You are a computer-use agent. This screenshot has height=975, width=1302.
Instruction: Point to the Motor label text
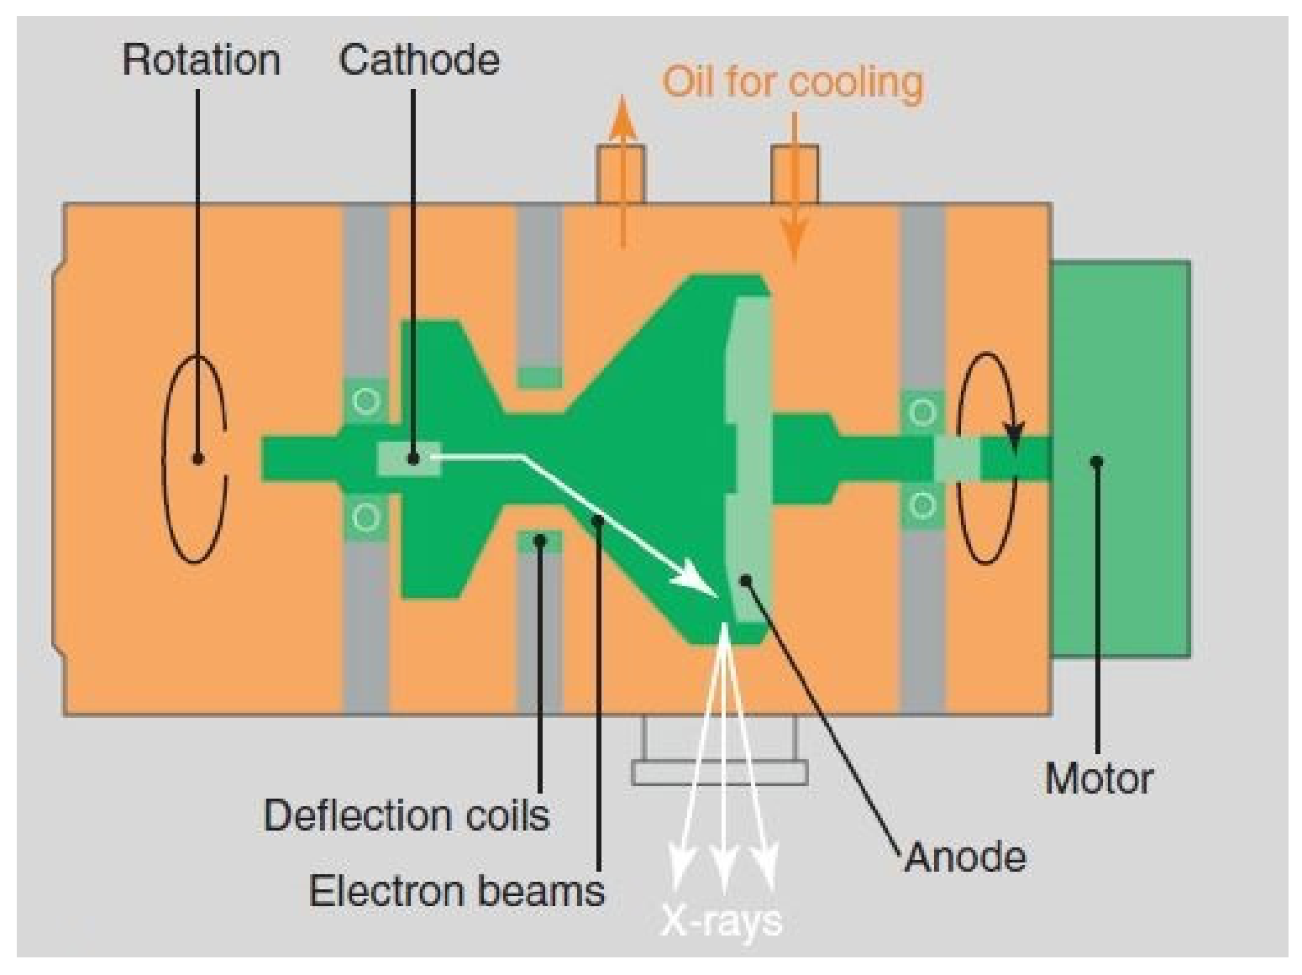[1099, 778]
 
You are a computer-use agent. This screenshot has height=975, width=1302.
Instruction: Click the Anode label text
[965, 857]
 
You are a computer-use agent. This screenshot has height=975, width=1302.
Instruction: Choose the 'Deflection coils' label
[407, 815]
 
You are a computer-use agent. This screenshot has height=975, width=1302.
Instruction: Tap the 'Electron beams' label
[456, 891]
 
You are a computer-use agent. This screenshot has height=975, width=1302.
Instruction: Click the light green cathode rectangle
[409, 459]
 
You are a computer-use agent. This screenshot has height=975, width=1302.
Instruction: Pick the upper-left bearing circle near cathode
[366, 401]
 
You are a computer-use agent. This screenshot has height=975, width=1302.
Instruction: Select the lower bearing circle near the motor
[922, 506]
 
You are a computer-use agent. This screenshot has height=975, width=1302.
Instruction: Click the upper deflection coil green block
[539, 377]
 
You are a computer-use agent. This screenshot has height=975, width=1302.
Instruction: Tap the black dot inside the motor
[1097, 461]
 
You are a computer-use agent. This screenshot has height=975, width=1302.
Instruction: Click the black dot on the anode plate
[746, 579]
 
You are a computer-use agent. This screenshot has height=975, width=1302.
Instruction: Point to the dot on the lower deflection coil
[540, 540]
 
